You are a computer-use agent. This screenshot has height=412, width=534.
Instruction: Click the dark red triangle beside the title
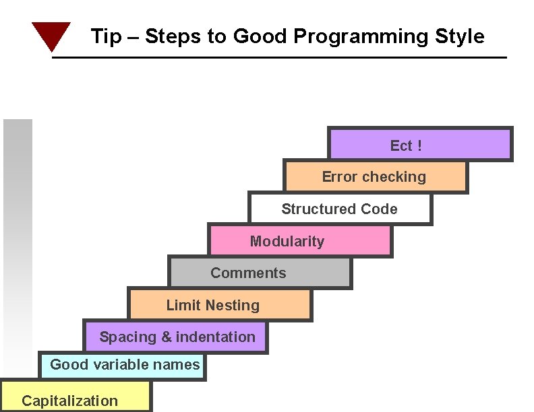(51, 35)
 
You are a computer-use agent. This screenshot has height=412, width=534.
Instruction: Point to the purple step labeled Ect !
(419, 144)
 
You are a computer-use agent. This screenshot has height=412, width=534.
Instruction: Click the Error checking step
(374, 176)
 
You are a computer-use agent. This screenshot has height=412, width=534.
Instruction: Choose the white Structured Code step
(339, 209)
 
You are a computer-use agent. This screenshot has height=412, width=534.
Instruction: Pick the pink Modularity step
(299, 240)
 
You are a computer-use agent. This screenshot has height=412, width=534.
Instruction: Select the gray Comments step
(259, 273)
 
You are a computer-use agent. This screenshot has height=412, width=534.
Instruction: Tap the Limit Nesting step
(219, 305)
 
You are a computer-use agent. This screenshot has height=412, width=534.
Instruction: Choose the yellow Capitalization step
(75, 397)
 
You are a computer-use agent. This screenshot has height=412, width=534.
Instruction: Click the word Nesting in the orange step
(233, 305)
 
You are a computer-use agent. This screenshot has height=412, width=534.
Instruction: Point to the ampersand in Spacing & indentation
(166, 337)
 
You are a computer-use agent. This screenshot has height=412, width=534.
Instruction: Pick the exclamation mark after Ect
(419, 145)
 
